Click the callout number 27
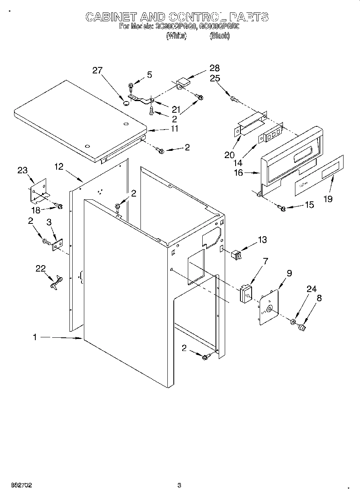(98, 71)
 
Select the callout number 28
(214, 68)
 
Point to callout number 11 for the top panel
(174, 130)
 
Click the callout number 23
(22, 170)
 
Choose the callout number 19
(328, 199)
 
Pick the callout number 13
(262, 240)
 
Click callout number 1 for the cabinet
(35, 338)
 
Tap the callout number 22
(41, 269)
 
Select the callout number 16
(238, 173)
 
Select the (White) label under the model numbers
(176, 36)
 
